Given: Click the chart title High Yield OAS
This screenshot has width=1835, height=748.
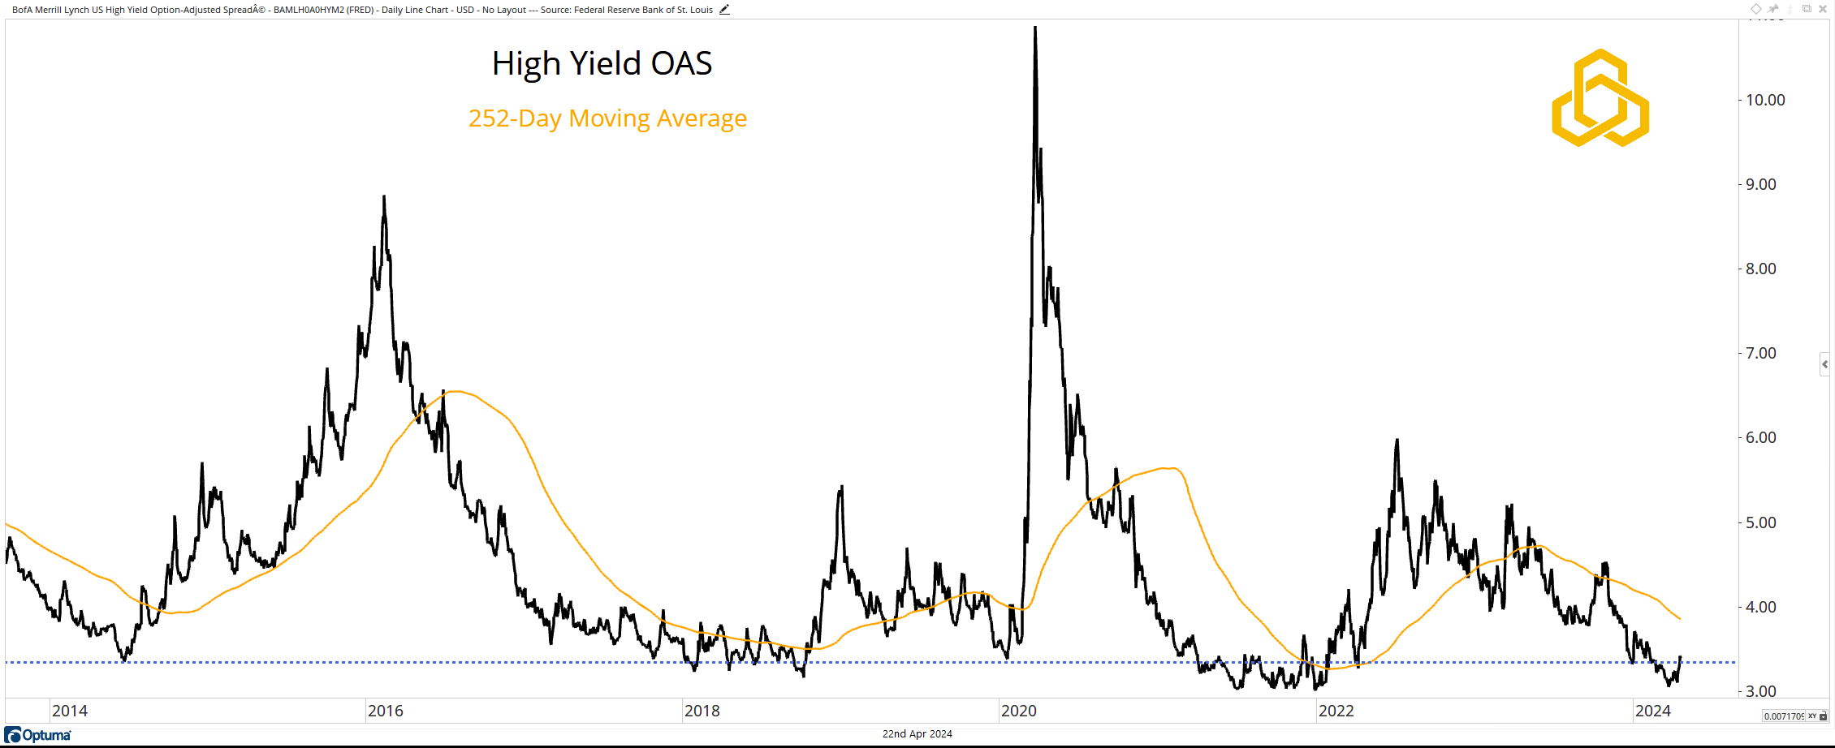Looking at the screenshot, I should point(602,63).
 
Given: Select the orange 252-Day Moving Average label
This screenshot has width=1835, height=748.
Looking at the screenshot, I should point(607,118).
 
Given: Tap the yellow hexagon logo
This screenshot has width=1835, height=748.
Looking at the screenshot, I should point(1600,98).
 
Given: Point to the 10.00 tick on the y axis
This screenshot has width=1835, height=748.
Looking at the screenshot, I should point(1765,101).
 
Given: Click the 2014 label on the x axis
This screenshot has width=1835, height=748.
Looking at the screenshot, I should point(70,711).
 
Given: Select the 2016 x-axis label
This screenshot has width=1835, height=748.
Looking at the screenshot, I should point(386,711).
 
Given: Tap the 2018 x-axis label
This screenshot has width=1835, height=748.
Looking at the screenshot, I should point(702,711).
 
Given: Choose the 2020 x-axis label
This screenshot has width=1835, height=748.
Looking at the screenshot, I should point(1019,711).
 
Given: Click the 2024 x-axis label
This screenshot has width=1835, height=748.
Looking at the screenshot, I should point(1652,711).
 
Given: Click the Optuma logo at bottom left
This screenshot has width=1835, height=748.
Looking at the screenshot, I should point(38,735).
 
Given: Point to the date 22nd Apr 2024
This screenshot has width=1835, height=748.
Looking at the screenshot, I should point(917,734).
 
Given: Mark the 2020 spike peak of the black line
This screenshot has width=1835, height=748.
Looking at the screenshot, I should point(1035,28).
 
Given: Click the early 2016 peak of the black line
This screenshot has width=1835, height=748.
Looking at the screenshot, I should point(384,196).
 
